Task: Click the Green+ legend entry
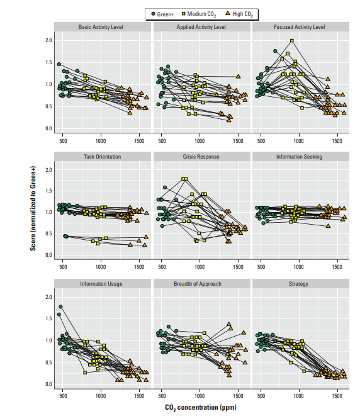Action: click(162, 14)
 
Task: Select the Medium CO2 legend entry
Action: click(199, 14)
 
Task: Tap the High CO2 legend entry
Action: click(239, 14)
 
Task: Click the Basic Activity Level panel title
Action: click(101, 27)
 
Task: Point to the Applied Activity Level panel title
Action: click(201, 27)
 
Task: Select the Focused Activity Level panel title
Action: click(299, 27)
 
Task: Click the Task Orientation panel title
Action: click(103, 157)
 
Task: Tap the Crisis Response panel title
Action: click(201, 157)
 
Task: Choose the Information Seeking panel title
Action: click(299, 157)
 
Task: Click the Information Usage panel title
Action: click(101, 284)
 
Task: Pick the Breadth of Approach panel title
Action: click(198, 284)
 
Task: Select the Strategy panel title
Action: click(299, 284)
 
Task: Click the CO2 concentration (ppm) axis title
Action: click(201, 408)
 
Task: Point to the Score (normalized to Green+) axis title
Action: click(33, 208)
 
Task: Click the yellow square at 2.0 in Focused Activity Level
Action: click(292, 40)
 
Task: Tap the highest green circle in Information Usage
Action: click(61, 306)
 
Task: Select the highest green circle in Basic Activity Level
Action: click(59, 64)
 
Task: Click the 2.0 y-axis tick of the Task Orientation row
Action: click(49, 170)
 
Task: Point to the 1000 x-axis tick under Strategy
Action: click(299, 396)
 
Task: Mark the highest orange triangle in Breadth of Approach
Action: click(229, 324)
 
